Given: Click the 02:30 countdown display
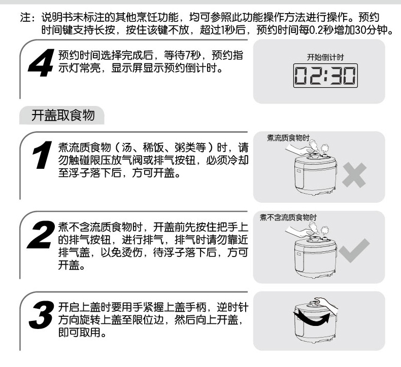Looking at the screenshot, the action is click(325, 76).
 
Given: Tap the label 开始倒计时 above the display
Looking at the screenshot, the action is click(325, 57).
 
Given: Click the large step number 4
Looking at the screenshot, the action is click(41, 63).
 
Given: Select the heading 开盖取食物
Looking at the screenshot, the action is click(63, 115).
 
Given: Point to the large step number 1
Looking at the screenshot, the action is click(42, 155).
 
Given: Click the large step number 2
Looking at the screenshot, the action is click(41, 235).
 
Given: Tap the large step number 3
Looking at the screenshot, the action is click(42, 315).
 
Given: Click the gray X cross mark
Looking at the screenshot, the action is click(354, 175).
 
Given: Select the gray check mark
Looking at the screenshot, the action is click(354, 250).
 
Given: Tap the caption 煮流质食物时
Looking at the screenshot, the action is click(288, 138).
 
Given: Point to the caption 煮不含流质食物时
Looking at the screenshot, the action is click(288, 217).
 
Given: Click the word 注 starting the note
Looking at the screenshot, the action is click(25, 17).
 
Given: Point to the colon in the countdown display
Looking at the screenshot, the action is click(325, 76).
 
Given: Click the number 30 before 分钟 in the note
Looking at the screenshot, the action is click(360, 30).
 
